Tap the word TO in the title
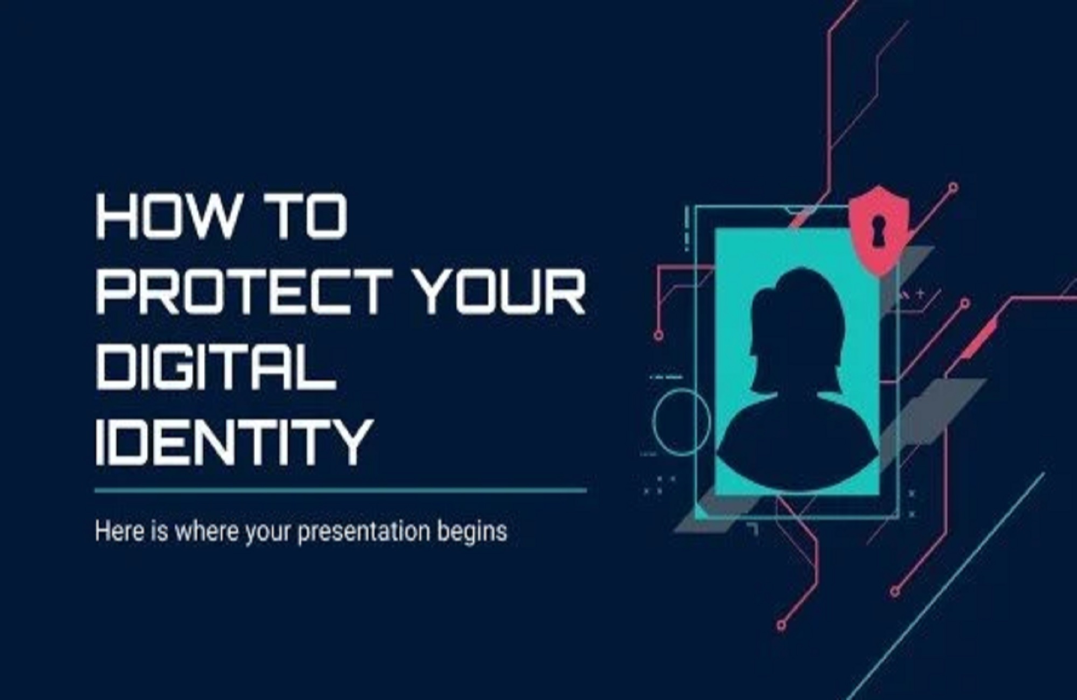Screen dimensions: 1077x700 [x=311, y=216]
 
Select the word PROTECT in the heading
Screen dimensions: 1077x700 [x=244, y=292]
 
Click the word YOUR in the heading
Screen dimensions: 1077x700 [x=502, y=292]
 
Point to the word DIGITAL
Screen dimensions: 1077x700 [x=216, y=367]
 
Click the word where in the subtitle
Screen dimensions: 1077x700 [x=206, y=531]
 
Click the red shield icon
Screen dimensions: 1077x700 [x=879, y=230]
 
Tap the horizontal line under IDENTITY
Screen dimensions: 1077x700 [x=340, y=491]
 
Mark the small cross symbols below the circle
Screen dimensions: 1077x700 [x=659, y=485]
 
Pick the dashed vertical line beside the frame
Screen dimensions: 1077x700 [x=687, y=229]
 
